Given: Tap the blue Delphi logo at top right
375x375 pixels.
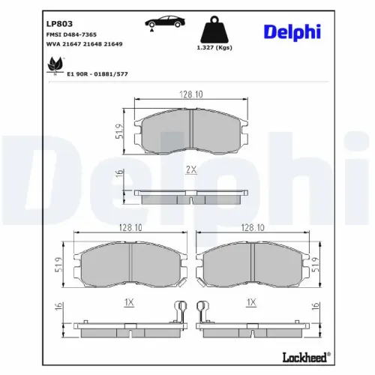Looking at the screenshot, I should [313, 31].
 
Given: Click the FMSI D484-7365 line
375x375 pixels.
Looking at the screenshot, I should [76, 35].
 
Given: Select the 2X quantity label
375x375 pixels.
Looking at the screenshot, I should [190, 171].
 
